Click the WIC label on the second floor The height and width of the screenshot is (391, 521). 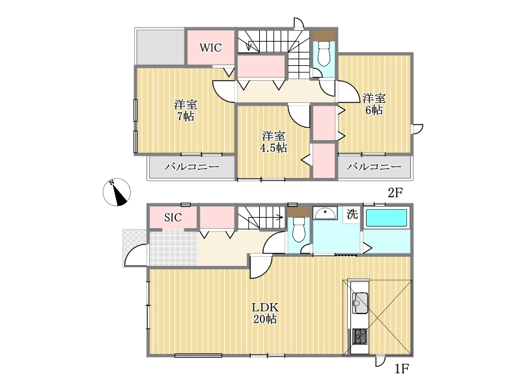pyautogui.click(x=210, y=48)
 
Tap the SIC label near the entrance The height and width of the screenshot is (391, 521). pyautogui.click(x=173, y=218)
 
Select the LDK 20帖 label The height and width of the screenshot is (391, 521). pyautogui.click(x=265, y=313)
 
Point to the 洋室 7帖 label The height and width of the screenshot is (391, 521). pyautogui.click(x=186, y=110)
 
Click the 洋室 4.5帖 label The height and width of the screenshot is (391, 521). pyautogui.click(x=274, y=142)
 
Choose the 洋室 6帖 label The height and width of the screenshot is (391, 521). pyautogui.click(x=374, y=104)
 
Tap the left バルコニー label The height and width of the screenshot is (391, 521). pyautogui.click(x=191, y=167)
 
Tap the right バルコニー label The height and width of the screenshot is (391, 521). pyautogui.click(x=374, y=167)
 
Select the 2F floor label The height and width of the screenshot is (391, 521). pyautogui.click(x=395, y=192)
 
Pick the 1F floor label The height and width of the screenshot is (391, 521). pyautogui.click(x=402, y=369)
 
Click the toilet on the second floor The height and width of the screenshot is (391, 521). pyautogui.click(x=324, y=53)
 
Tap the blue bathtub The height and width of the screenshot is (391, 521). pyautogui.click(x=386, y=218)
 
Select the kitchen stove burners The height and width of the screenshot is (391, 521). pyautogui.click(x=359, y=336)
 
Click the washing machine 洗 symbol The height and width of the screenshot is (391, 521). pyautogui.click(x=352, y=214)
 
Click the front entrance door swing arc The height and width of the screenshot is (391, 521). pyautogui.click(x=135, y=255)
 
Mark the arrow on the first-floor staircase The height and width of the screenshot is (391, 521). pyautogui.click(x=270, y=218)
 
